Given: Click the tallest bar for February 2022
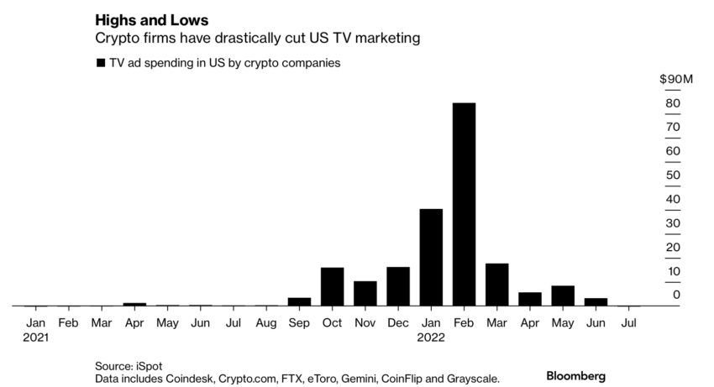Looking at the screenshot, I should tap(464, 204).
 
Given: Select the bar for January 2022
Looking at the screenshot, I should tap(431, 257).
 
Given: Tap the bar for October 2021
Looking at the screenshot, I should tap(332, 286).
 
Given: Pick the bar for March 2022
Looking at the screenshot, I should tap(496, 285).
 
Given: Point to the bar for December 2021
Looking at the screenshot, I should tap(398, 286).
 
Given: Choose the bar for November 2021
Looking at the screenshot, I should tap(365, 293).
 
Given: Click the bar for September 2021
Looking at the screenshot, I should tap(299, 301).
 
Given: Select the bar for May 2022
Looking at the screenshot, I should tap(563, 295).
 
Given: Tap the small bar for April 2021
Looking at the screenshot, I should tap(134, 304).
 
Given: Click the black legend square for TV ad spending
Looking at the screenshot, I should tap(102, 63).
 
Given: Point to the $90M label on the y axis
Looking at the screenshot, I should tap(675, 79).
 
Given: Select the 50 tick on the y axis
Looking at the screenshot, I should tap(673, 175).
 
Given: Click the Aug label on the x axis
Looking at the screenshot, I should tap(266, 322).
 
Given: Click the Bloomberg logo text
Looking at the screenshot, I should tap(575, 375).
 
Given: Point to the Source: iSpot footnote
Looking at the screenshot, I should tap(129, 365).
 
